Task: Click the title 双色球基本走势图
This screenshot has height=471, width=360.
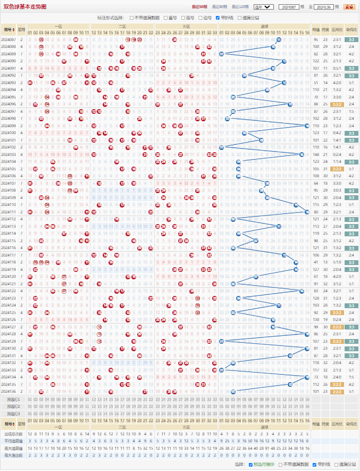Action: [25, 7]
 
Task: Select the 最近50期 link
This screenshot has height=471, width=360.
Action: [199, 7]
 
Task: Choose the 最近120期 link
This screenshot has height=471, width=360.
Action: [240, 7]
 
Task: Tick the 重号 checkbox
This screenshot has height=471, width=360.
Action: [165, 18]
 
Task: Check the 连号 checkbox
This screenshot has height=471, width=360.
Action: [183, 18]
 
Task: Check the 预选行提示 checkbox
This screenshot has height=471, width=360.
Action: [250, 465]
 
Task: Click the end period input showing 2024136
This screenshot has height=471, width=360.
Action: [324, 7]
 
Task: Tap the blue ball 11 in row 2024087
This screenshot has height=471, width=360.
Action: [279, 39]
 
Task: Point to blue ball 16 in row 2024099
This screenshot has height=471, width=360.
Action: [307, 126]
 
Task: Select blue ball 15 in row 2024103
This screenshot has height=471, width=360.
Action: [302, 154]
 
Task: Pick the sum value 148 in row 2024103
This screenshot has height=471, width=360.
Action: [316, 154]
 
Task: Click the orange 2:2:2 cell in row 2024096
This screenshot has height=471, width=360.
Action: [337, 104]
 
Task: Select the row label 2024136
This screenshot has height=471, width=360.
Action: [9, 391]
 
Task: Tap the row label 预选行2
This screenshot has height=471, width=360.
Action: [13, 406]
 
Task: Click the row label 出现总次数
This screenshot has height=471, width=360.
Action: [13, 434]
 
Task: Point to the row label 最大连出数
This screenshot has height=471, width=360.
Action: [13, 455]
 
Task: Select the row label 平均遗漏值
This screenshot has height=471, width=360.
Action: [13, 441]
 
